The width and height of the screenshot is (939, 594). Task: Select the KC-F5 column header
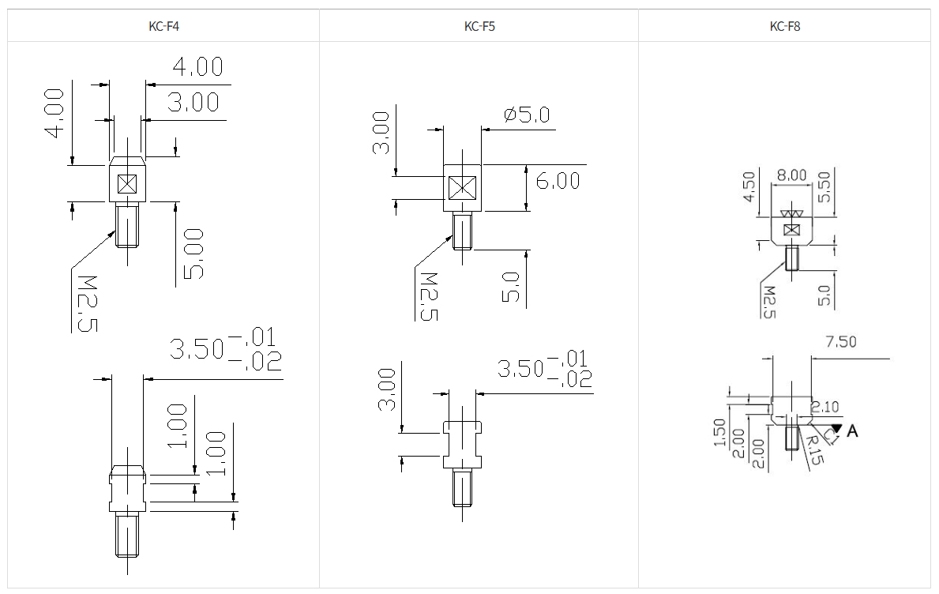coord(479,26)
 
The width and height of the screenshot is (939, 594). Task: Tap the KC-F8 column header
coord(785,26)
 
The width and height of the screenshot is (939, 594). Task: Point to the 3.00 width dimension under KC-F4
coord(193,103)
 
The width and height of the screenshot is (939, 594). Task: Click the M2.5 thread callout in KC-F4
coord(83,302)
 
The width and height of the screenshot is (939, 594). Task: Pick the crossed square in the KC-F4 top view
coord(126,184)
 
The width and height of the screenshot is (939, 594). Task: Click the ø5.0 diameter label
coord(526,115)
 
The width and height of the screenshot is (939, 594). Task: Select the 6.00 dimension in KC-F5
coord(558,181)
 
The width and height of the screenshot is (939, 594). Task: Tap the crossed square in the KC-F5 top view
coord(462,187)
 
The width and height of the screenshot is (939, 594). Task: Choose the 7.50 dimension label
coord(840,342)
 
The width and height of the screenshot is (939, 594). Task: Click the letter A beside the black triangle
coord(852,431)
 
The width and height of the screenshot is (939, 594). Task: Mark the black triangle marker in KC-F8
coord(837,427)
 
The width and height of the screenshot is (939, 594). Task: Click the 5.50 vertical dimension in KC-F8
coord(824,186)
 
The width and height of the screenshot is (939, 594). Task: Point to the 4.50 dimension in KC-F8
coord(749,187)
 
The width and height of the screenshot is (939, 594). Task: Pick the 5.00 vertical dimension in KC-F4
coord(193,254)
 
